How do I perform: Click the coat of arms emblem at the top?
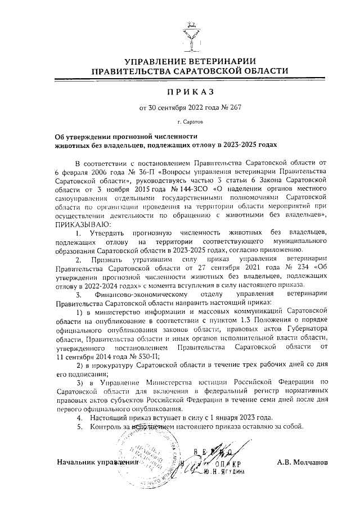pos(191,35)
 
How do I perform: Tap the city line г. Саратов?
pos(191,121)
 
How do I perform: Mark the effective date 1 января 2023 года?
pos(235,417)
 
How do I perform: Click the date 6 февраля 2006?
pos(85,170)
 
